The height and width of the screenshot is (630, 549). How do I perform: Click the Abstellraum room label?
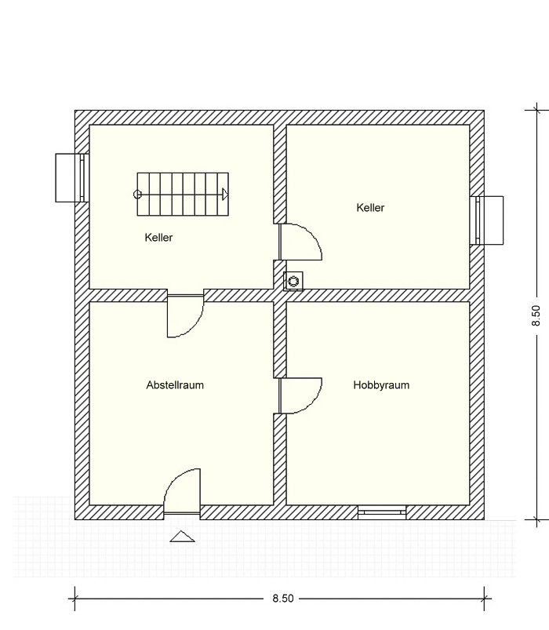pyautogui.click(x=175, y=385)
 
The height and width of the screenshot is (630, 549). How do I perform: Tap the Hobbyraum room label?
pyautogui.click(x=381, y=385)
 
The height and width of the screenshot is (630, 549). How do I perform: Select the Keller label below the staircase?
pyautogui.click(x=158, y=238)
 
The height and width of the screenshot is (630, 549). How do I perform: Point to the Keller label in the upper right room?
pyautogui.click(x=370, y=208)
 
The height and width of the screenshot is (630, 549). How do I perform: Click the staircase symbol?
pyautogui.click(x=183, y=195)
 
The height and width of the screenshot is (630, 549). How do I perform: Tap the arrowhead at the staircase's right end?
pyautogui.click(x=225, y=195)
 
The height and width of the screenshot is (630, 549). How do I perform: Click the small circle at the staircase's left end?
pyautogui.click(x=137, y=195)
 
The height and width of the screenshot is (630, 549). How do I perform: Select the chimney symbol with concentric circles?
pyautogui.click(x=293, y=280)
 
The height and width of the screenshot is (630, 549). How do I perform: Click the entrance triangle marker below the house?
pyautogui.click(x=182, y=537)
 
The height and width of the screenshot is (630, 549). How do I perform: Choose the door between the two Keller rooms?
pyautogui.click(x=300, y=242)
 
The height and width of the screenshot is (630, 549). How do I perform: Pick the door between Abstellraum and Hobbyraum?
pyautogui.click(x=300, y=395)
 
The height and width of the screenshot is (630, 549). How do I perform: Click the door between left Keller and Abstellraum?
pyautogui.click(x=186, y=316)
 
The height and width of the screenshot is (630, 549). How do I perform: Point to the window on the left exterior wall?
pyautogui.click(x=72, y=177)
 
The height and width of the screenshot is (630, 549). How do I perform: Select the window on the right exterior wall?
pyautogui.click(x=486, y=220)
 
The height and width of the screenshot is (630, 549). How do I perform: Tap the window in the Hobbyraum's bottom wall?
pyautogui.click(x=382, y=512)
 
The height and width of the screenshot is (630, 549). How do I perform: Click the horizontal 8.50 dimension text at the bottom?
pyautogui.click(x=283, y=599)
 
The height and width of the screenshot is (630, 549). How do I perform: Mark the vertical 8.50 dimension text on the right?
pyautogui.click(x=536, y=315)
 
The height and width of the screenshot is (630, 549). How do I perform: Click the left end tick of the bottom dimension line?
pyautogui.click(x=75, y=599)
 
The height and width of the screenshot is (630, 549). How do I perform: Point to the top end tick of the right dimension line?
pyautogui.click(x=537, y=110)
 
